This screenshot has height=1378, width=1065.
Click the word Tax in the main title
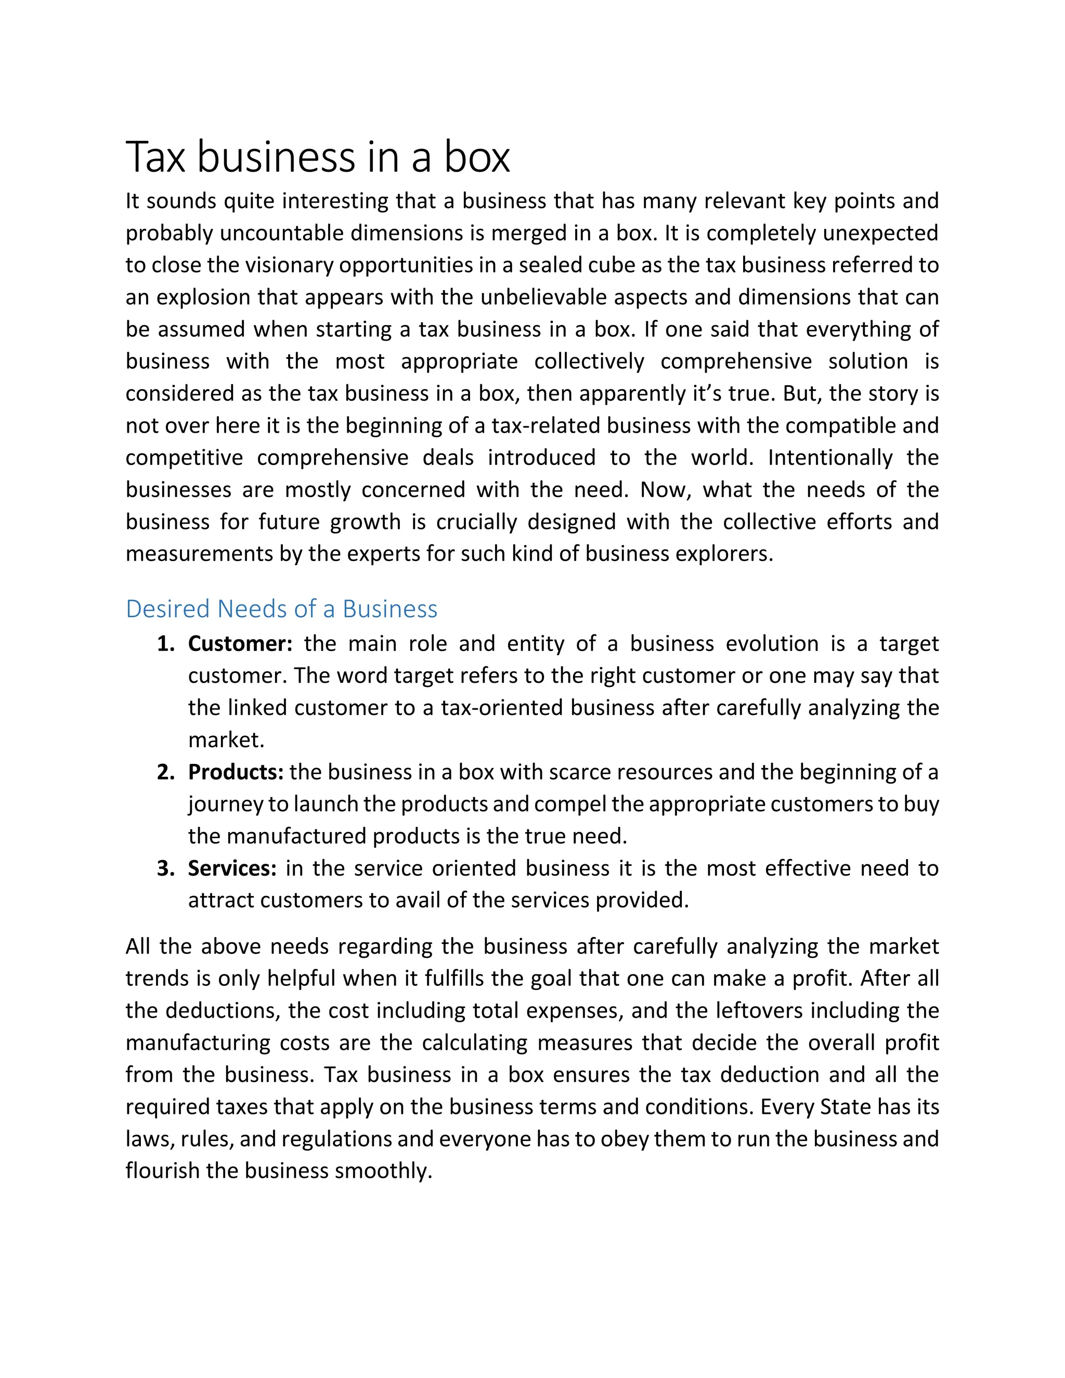[155, 157]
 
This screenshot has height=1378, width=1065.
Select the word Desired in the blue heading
[167, 609]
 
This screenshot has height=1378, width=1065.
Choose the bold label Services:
[232, 868]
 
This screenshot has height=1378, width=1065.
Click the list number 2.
[165, 772]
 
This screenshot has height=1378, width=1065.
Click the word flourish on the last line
[162, 1171]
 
